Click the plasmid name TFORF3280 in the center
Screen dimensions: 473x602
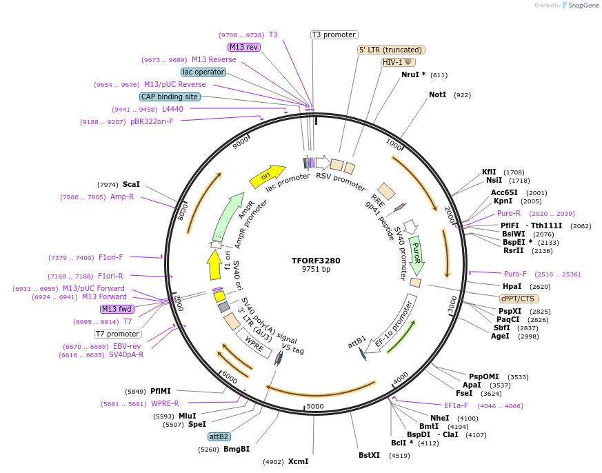coord(316,261)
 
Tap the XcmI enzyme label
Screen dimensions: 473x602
coord(298,461)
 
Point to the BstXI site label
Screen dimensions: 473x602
coord(369,455)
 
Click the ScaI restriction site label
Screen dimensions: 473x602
coord(131,184)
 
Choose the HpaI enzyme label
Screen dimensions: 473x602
coord(512,286)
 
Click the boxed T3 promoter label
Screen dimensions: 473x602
coord(334,34)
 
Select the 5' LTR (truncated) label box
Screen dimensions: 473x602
coord(391,50)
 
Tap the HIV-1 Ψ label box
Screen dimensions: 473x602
coord(398,62)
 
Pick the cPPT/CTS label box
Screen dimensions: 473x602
coord(519,299)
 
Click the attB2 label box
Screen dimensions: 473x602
coord(219,436)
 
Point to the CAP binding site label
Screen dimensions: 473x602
coord(170,97)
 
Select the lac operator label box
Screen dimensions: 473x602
coord(203,72)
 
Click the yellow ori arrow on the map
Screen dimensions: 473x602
coord(268,177)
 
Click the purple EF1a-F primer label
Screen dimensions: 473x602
coord(456,405)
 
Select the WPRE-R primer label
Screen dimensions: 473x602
coord(165,403)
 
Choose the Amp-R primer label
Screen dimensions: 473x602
coord(122,197)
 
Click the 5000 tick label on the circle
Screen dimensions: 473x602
coord(315,406)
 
